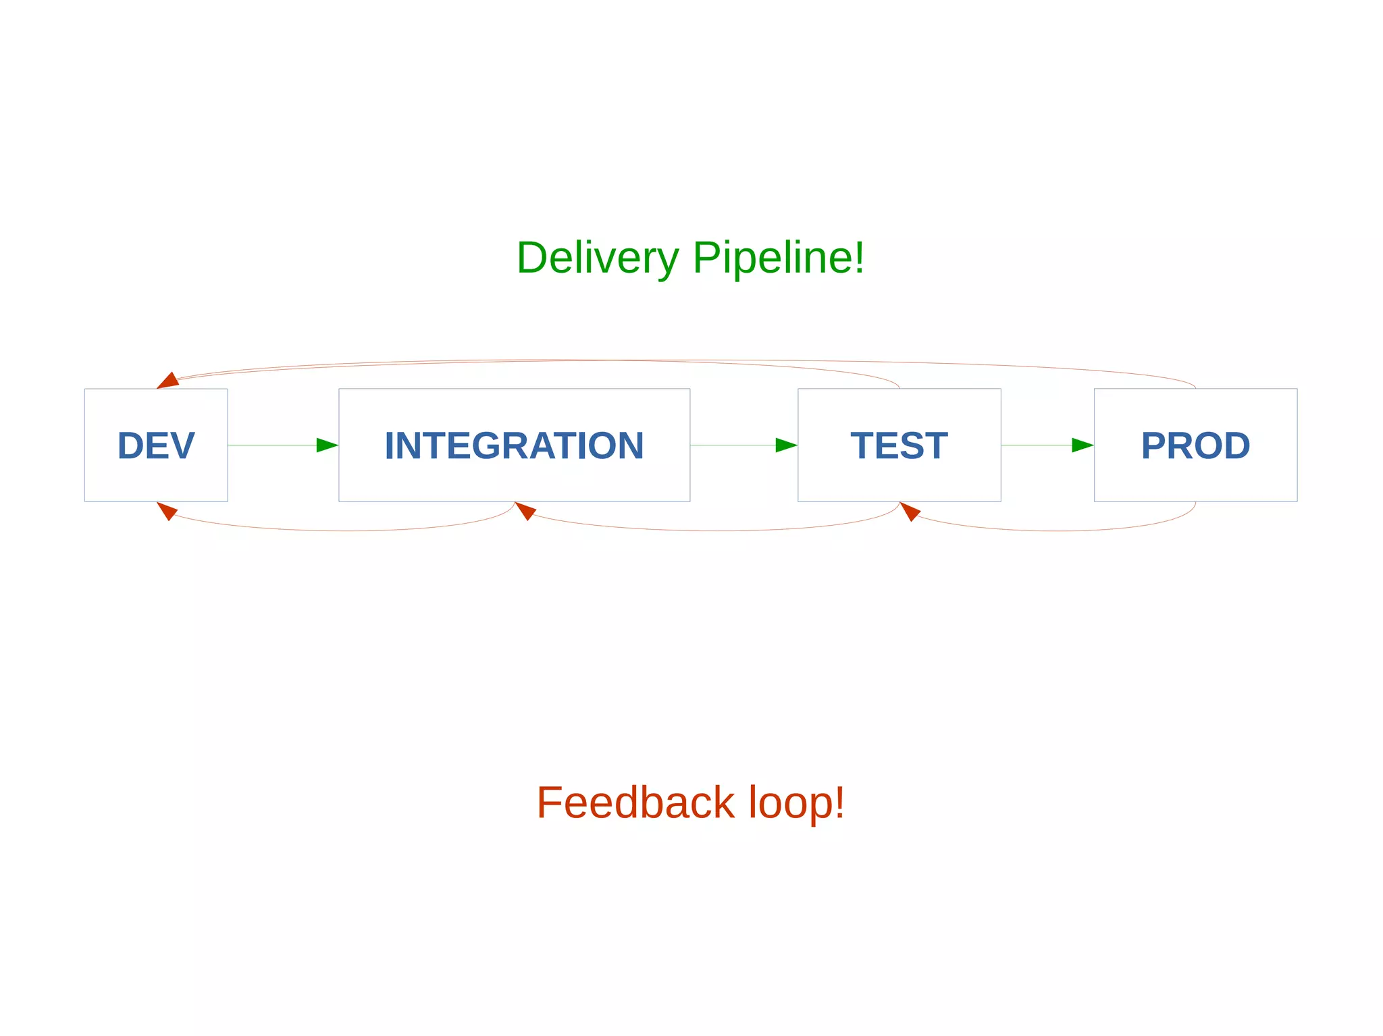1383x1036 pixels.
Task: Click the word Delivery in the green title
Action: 597,258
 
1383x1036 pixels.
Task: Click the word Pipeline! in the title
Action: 778,258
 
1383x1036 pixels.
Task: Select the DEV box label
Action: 156,445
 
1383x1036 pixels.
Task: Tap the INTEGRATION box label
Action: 514,445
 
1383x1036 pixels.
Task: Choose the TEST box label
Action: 899,445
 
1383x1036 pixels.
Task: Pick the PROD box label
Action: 1195,445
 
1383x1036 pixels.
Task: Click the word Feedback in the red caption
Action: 635,802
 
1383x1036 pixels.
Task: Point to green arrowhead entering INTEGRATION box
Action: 326,445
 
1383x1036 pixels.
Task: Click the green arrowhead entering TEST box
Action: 785,445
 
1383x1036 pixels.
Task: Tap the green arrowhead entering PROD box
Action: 1082,445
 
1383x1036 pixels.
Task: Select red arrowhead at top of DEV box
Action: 168,381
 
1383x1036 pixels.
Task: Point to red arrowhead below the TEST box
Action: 910,511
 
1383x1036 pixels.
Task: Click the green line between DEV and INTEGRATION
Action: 270,445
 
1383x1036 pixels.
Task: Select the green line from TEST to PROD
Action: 1037,445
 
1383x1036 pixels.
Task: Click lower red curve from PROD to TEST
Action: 1060,530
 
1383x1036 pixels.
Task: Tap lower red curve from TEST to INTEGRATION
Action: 716,530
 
